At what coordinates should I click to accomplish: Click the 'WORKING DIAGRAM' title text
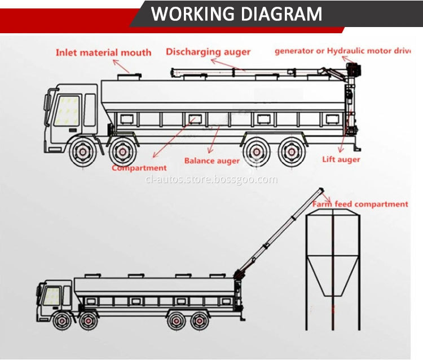coord(237,13)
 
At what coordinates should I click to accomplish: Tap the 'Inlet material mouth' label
coord(103,53)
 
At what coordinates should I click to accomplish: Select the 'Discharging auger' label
coord(209,52)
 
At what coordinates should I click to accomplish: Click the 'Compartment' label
coord(139,168)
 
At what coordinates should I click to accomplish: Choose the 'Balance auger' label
coord(211,161)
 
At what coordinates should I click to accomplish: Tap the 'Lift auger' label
coord(341,159)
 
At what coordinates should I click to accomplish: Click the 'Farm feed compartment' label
coord(360,204)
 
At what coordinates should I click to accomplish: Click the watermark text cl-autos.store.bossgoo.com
coord(211,180)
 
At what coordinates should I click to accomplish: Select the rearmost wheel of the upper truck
coord(291,152)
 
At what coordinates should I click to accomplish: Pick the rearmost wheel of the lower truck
coord(197,322)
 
